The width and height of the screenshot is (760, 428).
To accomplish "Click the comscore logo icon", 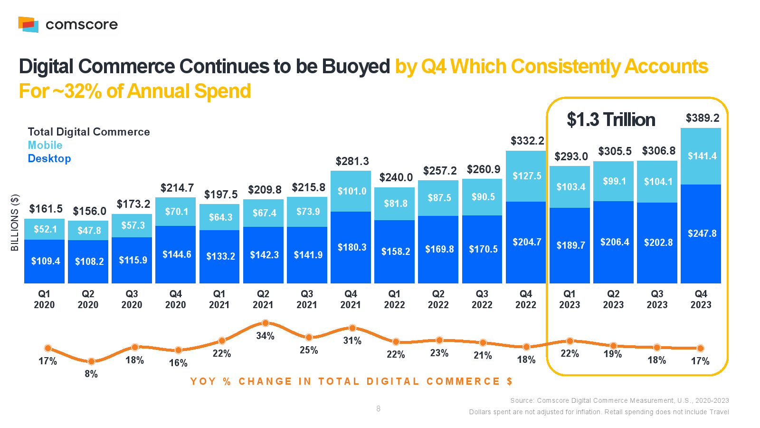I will click(28, 24).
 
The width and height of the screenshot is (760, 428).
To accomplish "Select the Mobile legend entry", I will click(45, 145).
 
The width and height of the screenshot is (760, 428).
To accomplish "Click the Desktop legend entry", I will click(49, 158).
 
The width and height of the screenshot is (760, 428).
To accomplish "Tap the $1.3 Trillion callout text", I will click(611, 120).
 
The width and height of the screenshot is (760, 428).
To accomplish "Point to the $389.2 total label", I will click(702, 118).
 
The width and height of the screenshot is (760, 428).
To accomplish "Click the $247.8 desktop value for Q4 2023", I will click(702, 233).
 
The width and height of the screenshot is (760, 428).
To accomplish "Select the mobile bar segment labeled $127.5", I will click(526, 176).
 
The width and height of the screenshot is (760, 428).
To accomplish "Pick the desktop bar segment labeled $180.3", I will click(351, 247).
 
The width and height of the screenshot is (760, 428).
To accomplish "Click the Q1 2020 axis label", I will click(44, 299).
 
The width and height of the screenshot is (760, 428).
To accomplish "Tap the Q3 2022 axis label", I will click(482, 299).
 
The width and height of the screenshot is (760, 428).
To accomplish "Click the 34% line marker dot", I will click(266, 323).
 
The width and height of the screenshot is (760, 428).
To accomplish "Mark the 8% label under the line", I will click(91, 374).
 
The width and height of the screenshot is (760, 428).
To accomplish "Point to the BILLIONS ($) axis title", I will click(15, 223).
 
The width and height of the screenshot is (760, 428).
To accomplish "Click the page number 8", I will click(378, 409).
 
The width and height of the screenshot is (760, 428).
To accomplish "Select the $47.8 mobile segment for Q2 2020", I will click(89, 231).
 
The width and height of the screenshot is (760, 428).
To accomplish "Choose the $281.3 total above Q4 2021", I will click(352, 161).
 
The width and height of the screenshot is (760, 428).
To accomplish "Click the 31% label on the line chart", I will click(352, 340).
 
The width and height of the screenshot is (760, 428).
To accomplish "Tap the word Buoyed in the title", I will click(356, 67).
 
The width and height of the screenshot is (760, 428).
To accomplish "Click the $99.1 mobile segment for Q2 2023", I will click(614, 181).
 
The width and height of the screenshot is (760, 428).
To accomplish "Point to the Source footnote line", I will click(619, 400).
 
